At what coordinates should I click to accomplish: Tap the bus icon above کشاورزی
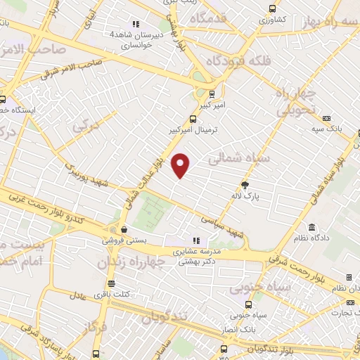coord(273,9)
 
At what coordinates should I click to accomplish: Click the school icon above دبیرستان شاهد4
coord(112,25)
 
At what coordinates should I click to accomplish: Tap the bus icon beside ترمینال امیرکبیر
coord(193,119)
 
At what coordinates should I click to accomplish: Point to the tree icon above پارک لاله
coord(245,186)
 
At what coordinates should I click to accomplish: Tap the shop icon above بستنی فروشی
coord(124,230)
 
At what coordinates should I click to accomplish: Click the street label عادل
coord(79,296)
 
